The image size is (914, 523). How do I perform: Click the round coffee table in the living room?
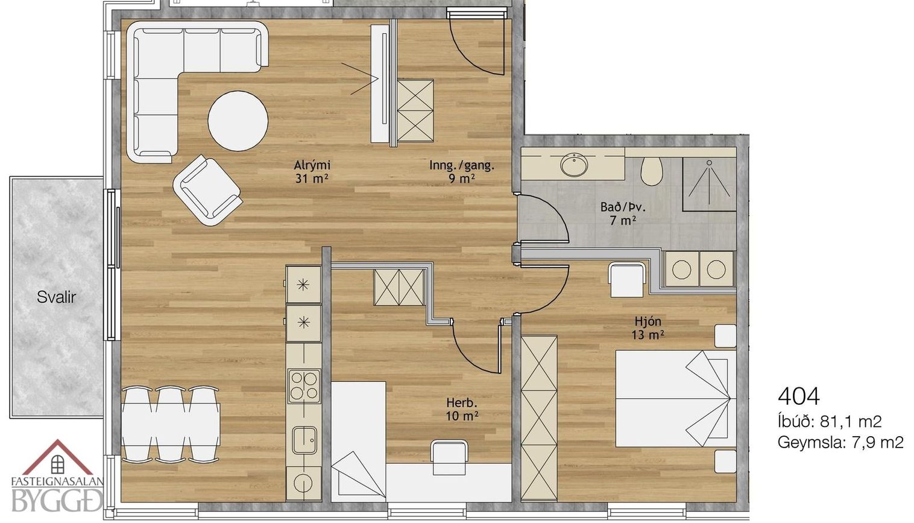point(238,121)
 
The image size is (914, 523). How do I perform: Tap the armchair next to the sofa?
point(207,190)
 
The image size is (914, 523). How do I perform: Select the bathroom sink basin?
point(575,165)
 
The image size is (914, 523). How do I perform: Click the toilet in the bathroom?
point(651,171)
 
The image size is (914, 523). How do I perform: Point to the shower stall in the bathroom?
point(709,184)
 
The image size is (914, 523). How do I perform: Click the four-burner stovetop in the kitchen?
point(304,386)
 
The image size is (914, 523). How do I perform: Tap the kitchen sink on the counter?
point(304,440)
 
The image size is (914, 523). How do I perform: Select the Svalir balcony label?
point(56,297)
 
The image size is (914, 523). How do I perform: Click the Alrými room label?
point(312,165)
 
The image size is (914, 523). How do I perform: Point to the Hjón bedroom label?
point(648,321)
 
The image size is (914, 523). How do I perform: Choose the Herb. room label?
point(461,403)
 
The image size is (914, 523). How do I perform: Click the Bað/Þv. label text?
point(623,207)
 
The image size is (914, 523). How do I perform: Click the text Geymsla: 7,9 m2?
point(840,443)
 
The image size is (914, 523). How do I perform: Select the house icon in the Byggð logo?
point(58,458)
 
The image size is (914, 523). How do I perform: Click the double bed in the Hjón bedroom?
point(676,399)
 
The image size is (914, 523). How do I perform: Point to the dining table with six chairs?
point(171,425)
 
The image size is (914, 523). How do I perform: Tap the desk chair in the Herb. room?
point(449,457)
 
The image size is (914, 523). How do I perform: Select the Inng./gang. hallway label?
point(461,166)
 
